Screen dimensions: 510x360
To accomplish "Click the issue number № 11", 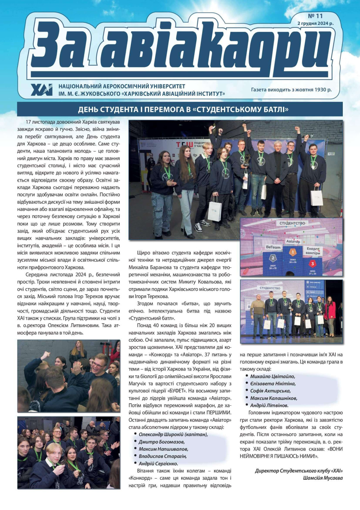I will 315,16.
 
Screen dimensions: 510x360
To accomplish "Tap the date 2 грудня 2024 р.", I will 315,23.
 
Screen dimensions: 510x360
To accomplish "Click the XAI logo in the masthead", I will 42,90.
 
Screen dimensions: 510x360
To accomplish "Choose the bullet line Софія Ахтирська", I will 270,391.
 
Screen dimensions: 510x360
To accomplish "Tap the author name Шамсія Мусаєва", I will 323,478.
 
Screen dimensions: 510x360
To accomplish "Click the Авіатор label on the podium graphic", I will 293,242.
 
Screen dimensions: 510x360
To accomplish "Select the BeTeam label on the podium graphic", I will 273,247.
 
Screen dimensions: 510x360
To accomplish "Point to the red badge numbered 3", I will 313,264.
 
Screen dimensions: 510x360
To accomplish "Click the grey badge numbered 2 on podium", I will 273,258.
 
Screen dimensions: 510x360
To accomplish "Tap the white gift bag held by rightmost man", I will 317,197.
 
